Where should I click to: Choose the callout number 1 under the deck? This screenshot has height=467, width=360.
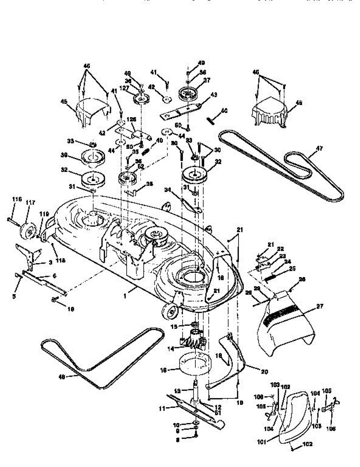pos(125,296)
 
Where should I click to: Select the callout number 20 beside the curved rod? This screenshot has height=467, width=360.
pos(264,372)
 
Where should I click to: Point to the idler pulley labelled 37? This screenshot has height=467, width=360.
pos(190,95)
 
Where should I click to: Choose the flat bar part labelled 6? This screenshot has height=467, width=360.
pos(43,281)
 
